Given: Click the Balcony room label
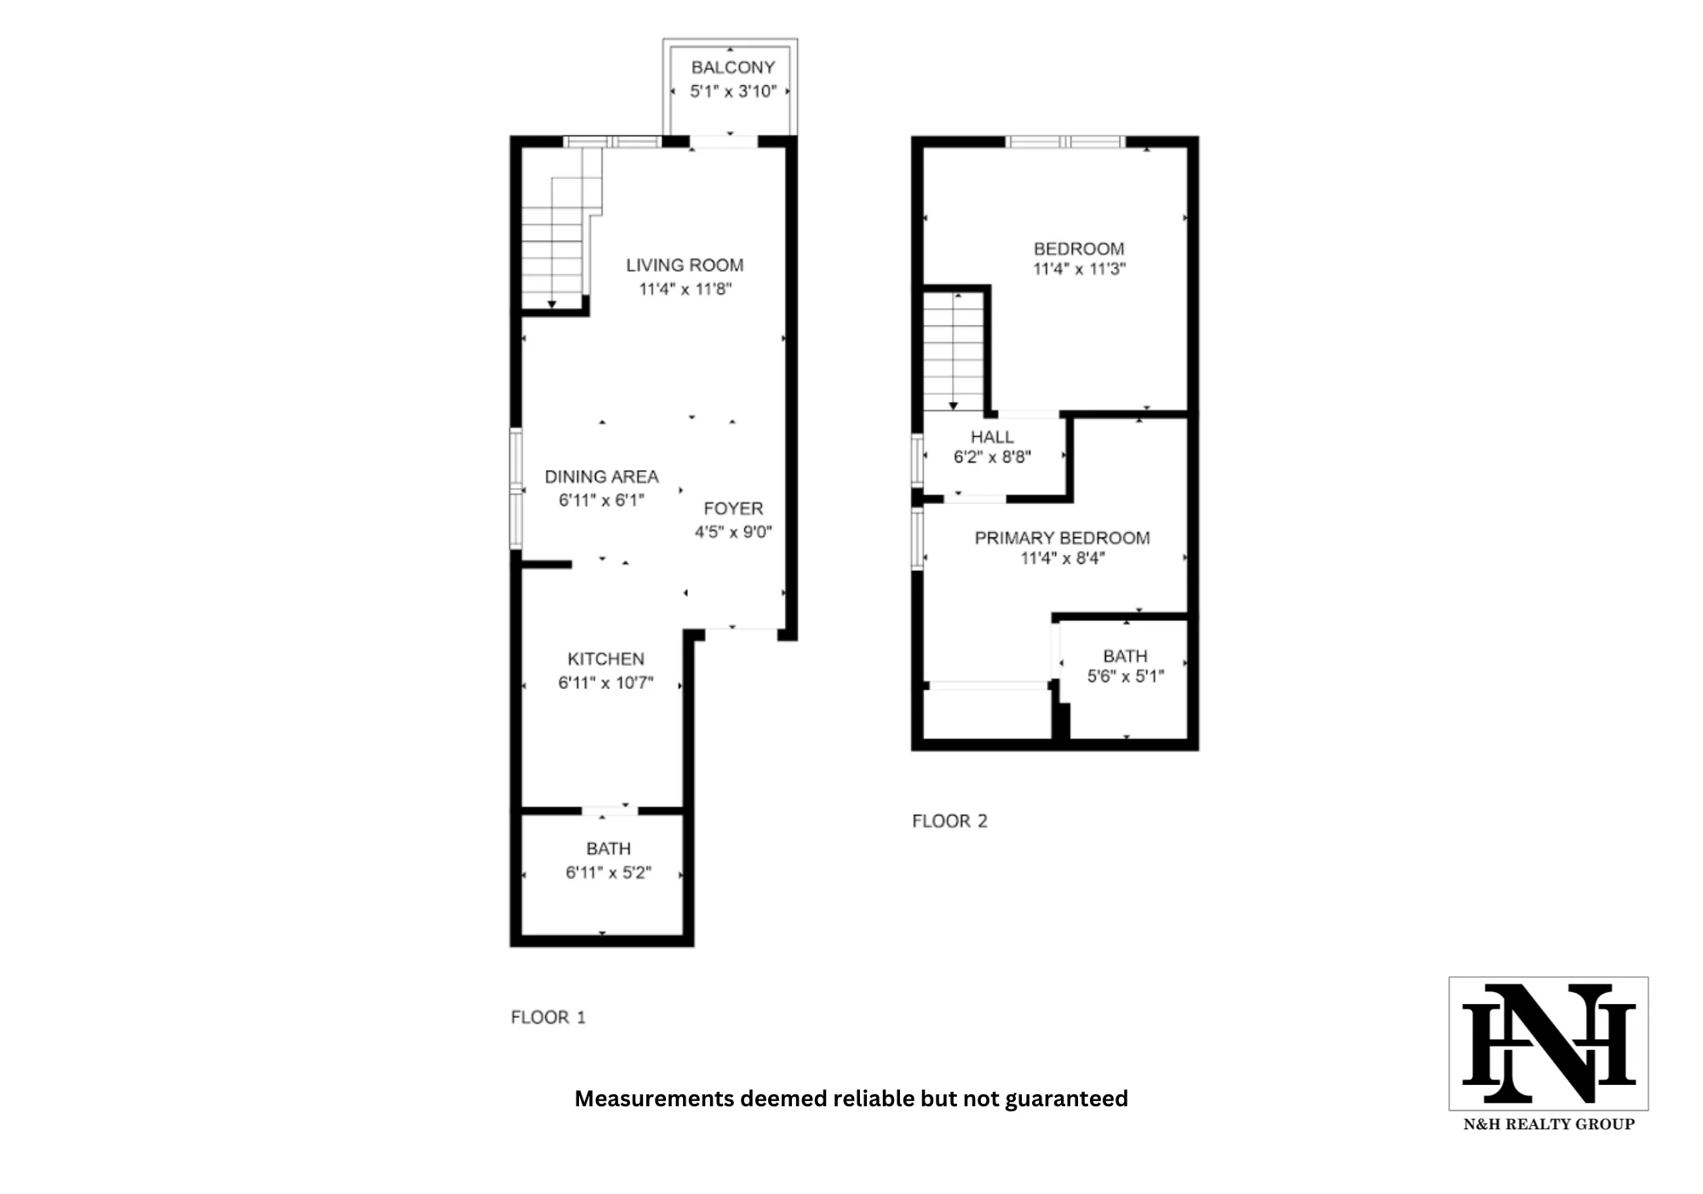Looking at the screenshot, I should click(732, 67).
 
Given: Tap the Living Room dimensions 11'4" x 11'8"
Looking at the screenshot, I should click(685, 289).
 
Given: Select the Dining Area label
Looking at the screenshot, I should click(601, 477).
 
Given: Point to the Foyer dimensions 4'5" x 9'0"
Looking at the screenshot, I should click(732, 532).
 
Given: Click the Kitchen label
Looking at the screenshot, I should click(605, 659).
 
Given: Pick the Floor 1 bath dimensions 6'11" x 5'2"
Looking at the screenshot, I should click(608, 872).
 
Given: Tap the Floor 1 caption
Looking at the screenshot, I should click(548, 1017).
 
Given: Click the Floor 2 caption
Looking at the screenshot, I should click(949, 821).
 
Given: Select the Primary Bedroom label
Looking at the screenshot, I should click(1062, 538).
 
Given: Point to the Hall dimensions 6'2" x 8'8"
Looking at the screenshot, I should click(992, 457).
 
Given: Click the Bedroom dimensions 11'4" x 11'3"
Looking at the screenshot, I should click(1079, 269).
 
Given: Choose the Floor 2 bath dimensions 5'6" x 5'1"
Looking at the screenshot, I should click(1125, 676).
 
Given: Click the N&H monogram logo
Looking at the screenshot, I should click(1548, 1043).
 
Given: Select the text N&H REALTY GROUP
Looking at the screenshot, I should click(1548, 1124).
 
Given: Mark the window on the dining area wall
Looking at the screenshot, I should click(516, 488).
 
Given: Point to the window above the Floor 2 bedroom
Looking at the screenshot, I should click(1064, 142).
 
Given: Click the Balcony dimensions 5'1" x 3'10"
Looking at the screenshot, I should click(732, 91).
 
